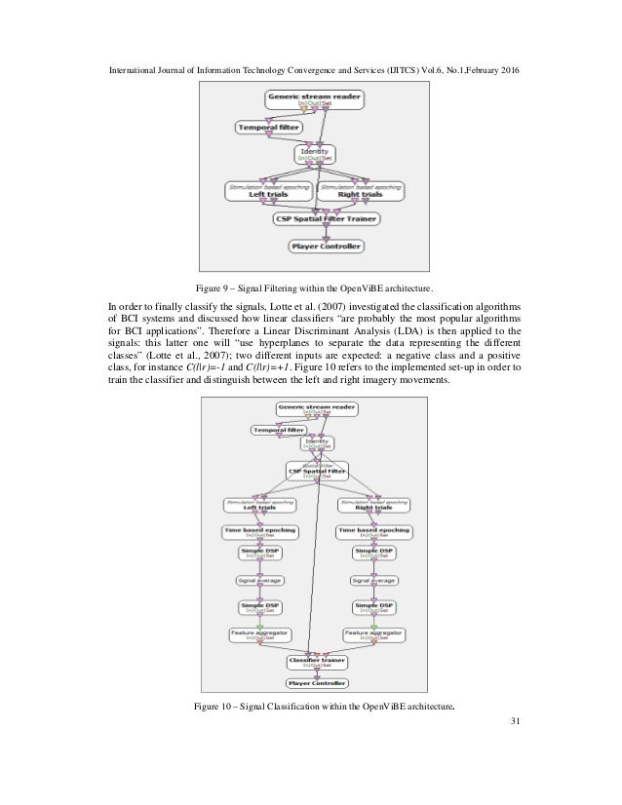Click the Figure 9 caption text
click(310, 289)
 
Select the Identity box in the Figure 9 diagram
click(314, 154)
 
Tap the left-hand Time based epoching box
click(260, 532)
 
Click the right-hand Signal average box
click(372, 581)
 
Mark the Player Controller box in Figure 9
click(326, 247)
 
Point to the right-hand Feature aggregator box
click(372, 632)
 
